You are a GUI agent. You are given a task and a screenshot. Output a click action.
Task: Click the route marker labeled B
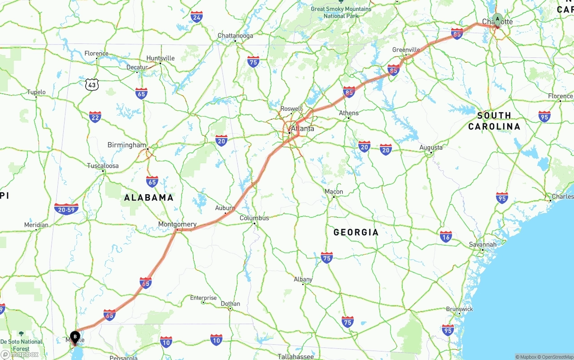(x=75, y=336)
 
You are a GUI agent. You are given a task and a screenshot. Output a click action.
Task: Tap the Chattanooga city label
(x=235, y=35)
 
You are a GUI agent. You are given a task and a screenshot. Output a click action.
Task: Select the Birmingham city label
(x=127, y=145)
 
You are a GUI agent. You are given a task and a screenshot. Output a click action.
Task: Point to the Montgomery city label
(x=177, y=224)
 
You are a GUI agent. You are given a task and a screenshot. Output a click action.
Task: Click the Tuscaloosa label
(x=103, y=166)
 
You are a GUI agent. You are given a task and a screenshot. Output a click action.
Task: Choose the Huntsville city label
(x=160, y=58)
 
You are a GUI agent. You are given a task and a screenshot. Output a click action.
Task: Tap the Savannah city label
(x=483, y=244)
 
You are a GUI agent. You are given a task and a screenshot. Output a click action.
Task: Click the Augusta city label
(x=430, y=147)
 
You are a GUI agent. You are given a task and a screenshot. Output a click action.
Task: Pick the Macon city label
(x=334, y=191)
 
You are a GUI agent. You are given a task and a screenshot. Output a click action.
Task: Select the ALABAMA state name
(x=148, y=198)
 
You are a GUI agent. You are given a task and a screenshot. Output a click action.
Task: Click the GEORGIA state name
(x=356, y=232)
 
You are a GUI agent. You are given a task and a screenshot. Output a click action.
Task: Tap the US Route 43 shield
(x=92, y=84)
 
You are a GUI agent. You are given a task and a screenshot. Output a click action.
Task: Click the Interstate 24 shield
(x=196, y=17)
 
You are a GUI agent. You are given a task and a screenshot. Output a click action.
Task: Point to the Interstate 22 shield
(x=95, y=117)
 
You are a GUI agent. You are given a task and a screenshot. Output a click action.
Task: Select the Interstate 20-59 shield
(x=66, y=209)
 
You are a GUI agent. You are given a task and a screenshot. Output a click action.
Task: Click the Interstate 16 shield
(x=446, y=237)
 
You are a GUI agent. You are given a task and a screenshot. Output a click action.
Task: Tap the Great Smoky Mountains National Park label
(x=341, y=12)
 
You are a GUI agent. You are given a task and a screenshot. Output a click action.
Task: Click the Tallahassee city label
(x=295, y=356)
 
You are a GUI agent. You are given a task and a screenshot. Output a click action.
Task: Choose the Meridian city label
(x=36, y=225)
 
